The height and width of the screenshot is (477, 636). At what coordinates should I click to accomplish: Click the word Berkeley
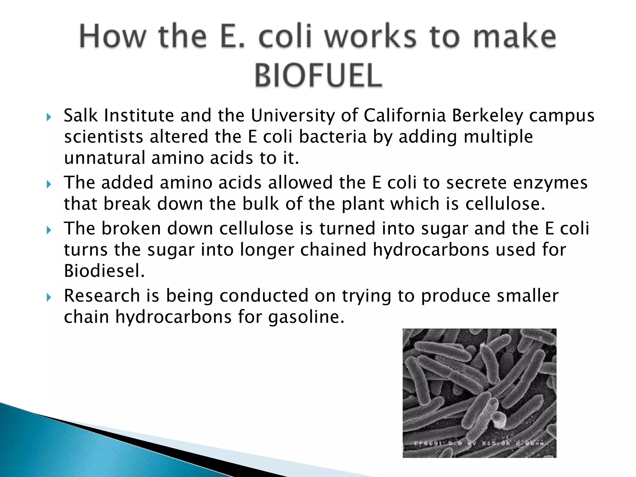tap(488, 116)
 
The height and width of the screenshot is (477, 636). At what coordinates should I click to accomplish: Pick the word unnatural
tap(105, 158)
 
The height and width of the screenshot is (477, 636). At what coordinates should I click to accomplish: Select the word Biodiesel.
tap(104, 271)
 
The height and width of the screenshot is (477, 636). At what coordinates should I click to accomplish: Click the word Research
tap(102, 296)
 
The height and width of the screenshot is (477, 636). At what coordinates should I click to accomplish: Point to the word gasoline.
tap(306, 317)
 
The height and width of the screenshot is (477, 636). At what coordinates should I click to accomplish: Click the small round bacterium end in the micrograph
tap(499, 420)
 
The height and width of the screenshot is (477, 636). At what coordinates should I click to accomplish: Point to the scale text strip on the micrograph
tap(480, 444)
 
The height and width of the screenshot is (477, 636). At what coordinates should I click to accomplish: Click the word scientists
tap(104, 137)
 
